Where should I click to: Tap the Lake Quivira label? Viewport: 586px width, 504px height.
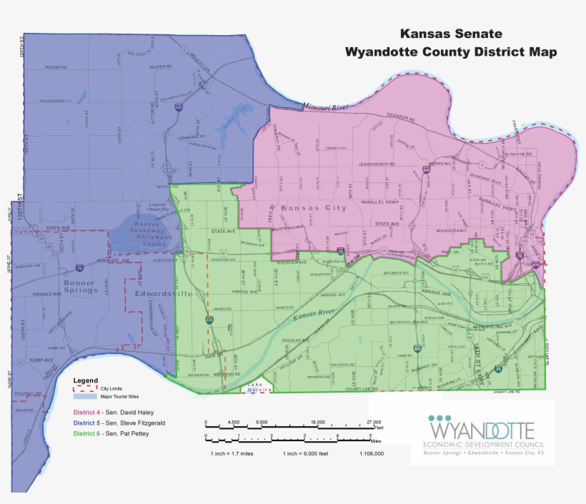pos(257,387)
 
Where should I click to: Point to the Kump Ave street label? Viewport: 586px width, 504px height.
pos(42,360)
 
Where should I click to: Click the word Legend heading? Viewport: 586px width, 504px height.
pos(85,380)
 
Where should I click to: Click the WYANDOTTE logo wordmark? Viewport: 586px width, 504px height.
pos(482,430)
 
